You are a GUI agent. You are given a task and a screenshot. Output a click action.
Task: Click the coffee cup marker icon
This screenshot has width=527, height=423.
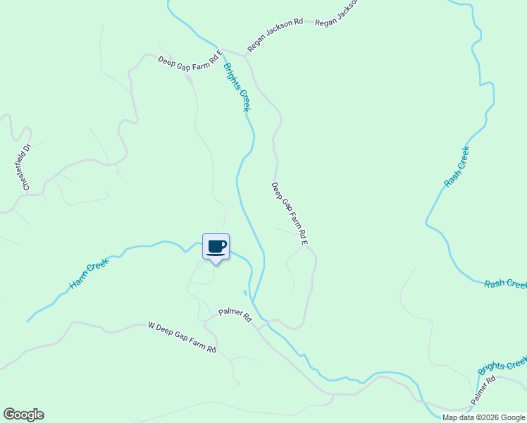tap(216, 247)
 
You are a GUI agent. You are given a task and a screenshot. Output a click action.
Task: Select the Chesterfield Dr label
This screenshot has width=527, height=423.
tap(27, 167)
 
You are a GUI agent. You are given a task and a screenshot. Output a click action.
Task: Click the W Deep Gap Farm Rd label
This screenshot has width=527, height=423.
tap(182, 338)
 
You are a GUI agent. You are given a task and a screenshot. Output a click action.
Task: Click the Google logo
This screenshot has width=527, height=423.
tap(23, 415)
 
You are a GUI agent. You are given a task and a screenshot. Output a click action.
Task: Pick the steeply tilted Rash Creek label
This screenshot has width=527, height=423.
tap(457, 166)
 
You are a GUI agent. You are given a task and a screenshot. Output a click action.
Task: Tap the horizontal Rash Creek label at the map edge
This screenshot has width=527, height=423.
tap(505, 284)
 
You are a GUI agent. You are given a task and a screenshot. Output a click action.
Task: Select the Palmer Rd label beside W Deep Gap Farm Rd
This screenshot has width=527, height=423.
tap(235, 314)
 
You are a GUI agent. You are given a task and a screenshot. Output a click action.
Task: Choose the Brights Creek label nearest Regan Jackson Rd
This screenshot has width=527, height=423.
tap(237, 87)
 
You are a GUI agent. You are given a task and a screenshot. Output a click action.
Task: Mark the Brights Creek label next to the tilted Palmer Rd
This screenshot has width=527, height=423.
tap(502, 365)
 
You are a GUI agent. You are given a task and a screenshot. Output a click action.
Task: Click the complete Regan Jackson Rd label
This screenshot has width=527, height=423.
tap(275, 36)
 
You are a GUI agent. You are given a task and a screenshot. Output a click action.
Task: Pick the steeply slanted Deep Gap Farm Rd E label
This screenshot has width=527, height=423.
tap(290, 214)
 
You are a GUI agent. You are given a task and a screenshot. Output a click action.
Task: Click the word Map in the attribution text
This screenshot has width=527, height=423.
tap(450, 417)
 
